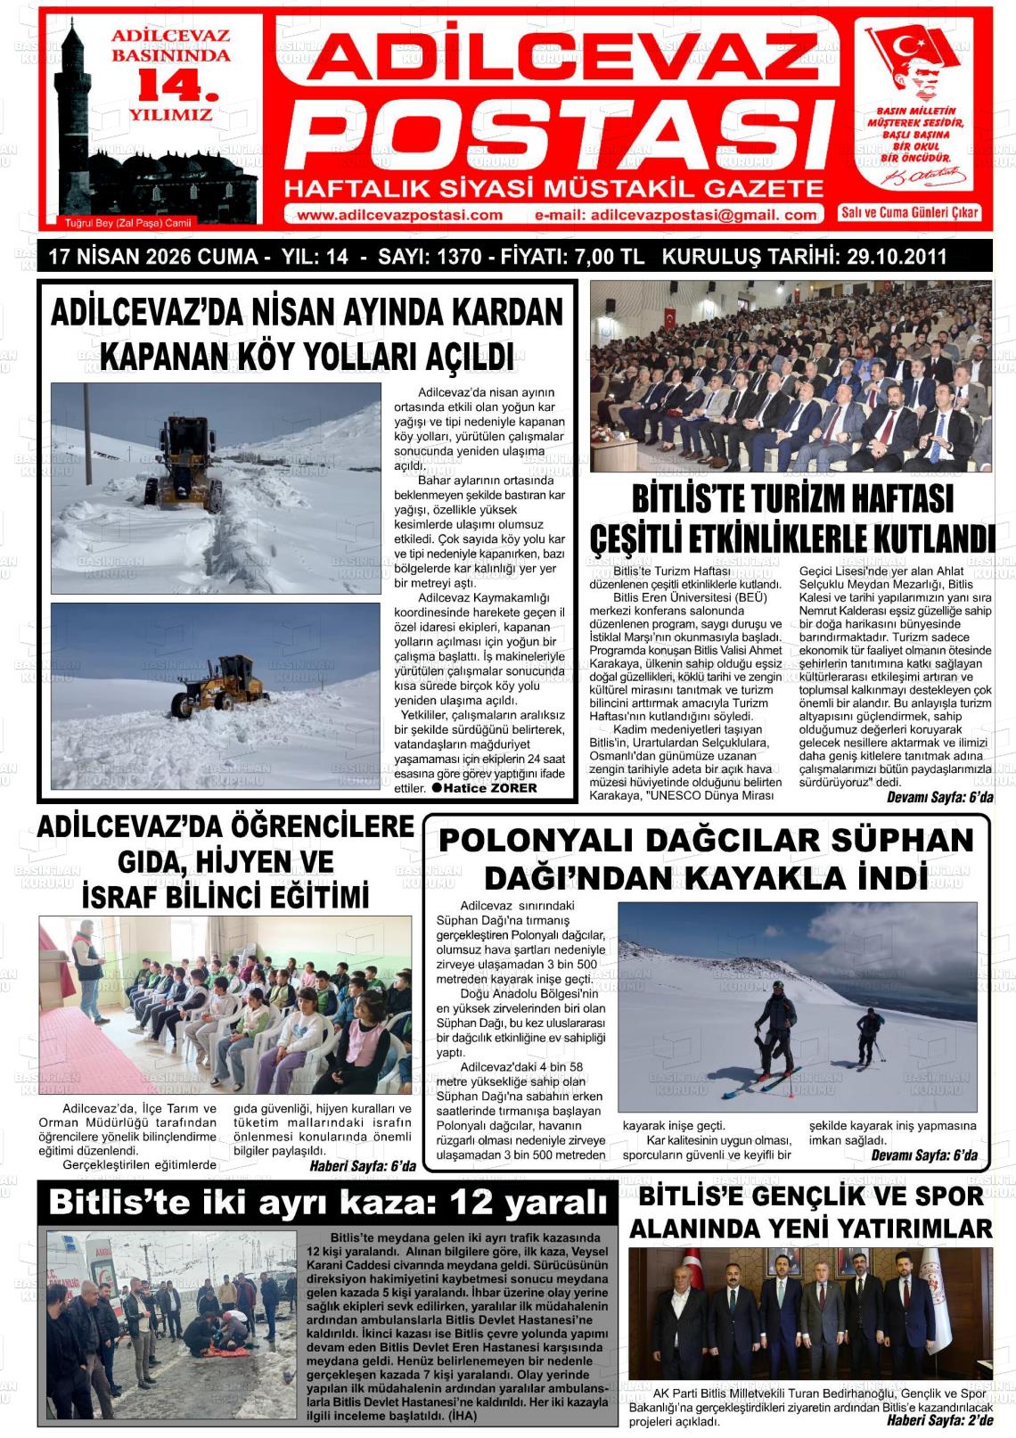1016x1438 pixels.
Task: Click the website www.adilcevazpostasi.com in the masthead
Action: (399, 215)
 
